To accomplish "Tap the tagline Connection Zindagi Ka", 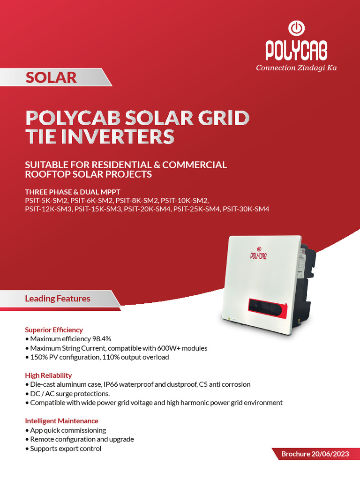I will point(296,68).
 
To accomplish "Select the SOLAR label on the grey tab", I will point(51,77).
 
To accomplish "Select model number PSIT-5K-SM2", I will point(46,200).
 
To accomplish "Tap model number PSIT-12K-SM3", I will point(48,209).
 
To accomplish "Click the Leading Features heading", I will point(58,299).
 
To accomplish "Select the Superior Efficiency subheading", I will point(54,330).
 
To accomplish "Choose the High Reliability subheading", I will point(48,375).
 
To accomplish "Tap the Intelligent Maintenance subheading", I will point(61,421).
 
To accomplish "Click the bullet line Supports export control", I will point(66,449).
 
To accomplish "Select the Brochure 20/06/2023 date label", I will point(315,454).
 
